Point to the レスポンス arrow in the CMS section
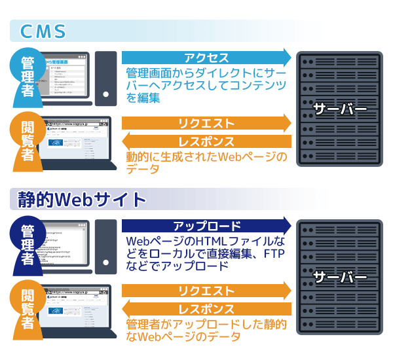[206, 141]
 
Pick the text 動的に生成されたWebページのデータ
[206, 164]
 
